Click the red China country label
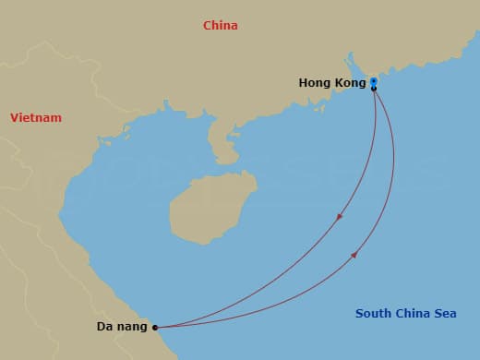(x=221, y=26)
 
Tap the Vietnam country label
(x=36, y=118)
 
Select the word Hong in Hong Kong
(x=316, y=83)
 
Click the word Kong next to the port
(x=350, y=83)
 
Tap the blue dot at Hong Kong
(x=374, y=81)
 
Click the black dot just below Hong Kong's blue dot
(x=374, y=89)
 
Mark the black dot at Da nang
(x=155, y=327)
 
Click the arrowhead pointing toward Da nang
(x=340, y=218)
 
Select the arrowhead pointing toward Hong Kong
(x=354, y=255)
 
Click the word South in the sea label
(x=374, y=314)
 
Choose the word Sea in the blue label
(x=444, y=314)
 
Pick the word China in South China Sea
(x=412, y=314)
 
